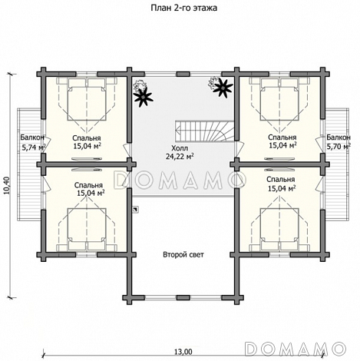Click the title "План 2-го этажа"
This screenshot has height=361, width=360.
[183, 8]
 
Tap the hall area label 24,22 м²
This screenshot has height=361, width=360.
[180, 156]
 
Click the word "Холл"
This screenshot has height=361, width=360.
[180, 148]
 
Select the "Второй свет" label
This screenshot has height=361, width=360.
[183, 255]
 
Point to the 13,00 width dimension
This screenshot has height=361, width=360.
[183, 352]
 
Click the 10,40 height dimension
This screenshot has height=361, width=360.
[7, 185]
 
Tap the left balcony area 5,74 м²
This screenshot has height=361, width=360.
[34, 147]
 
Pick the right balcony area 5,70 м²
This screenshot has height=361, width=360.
[339, 147]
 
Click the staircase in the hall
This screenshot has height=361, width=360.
[204, 131]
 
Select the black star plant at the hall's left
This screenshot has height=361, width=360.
[144, 96]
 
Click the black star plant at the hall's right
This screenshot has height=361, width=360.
[223, 88]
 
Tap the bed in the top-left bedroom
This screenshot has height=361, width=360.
[87, 99]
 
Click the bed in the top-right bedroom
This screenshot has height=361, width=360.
[279, 99]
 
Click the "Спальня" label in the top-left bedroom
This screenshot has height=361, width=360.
[86, 138]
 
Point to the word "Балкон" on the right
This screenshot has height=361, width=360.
[339, 137]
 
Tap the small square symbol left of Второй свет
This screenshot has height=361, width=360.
[137, 210]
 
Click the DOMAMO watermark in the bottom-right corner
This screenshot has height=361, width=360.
[296, 348]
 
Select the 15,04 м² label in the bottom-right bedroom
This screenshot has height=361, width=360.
[282, 189]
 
